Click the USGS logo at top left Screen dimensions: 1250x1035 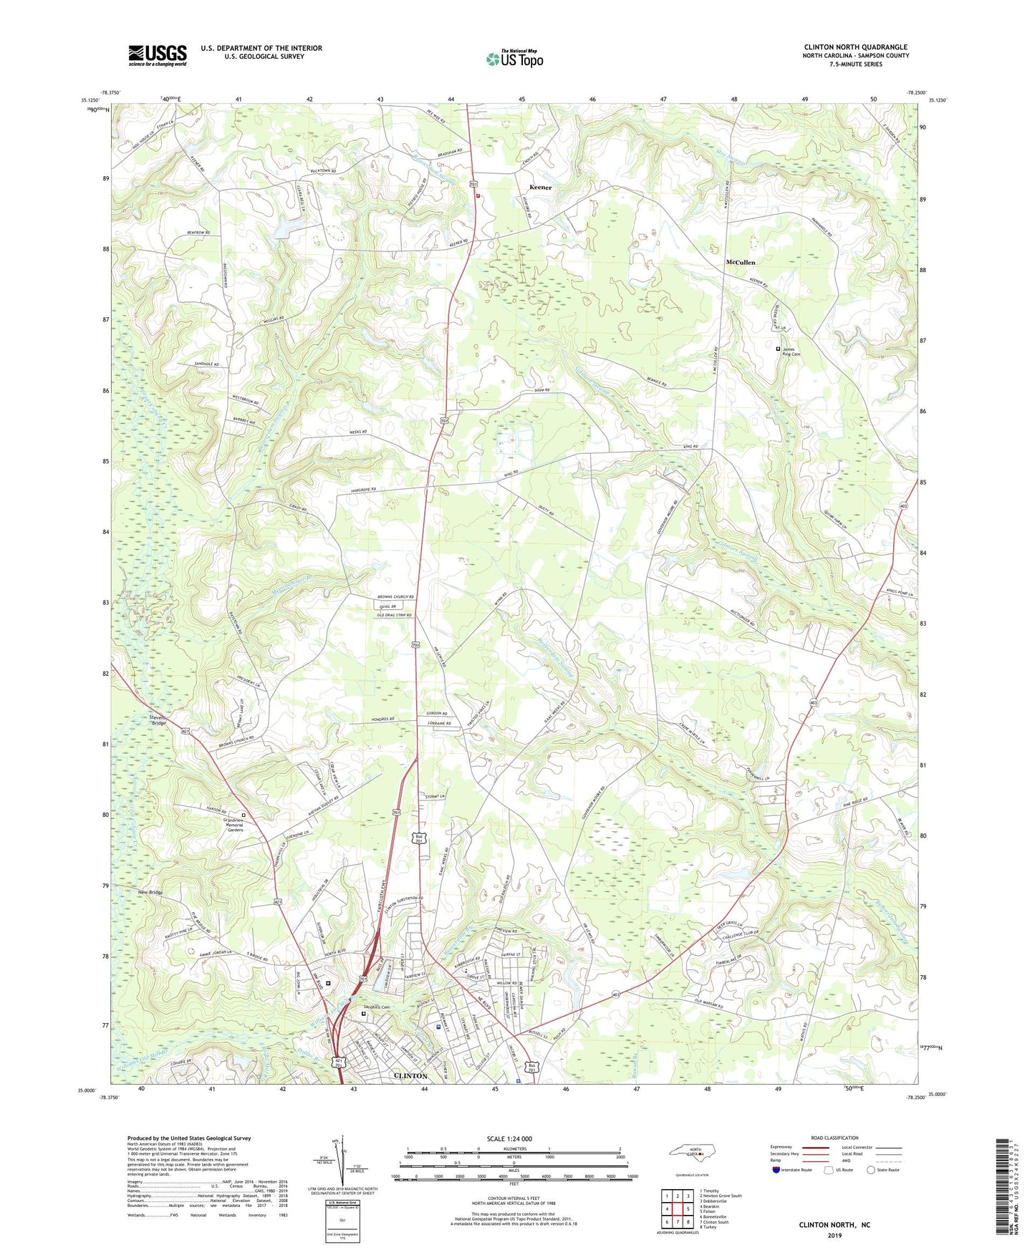coord(158,55)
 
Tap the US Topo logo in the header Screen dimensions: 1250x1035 coord(514,59)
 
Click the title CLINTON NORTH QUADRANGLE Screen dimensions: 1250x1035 coord(855,47)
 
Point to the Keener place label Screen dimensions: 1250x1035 coord(540,187)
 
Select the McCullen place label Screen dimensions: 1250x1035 coord(740,262)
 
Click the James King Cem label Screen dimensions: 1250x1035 coord(791,352)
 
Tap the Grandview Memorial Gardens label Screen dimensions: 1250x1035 coord(243,825)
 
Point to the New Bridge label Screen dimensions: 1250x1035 coord(150,892)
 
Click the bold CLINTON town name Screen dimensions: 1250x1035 coord(410,1075)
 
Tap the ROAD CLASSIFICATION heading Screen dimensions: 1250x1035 coord(835,1138)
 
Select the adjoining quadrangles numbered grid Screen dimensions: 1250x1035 coord(676,1211)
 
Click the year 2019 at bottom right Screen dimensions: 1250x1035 coord(834,1235)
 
